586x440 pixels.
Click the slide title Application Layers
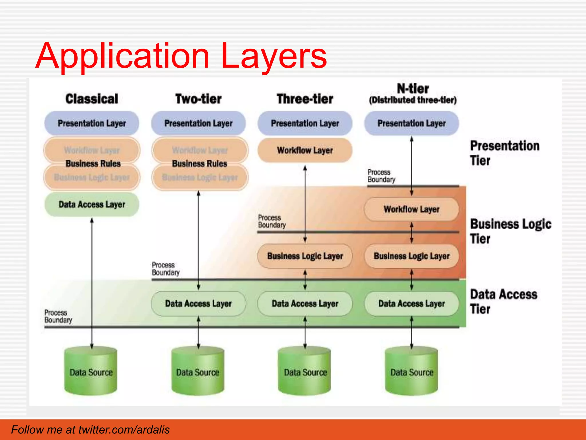(x=181, y=56)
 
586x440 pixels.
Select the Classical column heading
(x=92, y=99)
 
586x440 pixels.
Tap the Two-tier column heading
(x=198, y=99)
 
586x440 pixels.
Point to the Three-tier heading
(x=305, y=99)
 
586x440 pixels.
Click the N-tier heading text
(x=413, y=89)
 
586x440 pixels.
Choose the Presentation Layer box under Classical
(x=92, y=123)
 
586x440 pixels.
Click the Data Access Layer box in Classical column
(x=92, y=204)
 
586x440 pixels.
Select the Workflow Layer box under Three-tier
(x=305, y=150)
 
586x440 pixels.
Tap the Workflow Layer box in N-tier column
(x=411, y=209)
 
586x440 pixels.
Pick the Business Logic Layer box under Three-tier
(x=305, y=256)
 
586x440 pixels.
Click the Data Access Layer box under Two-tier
(x=198, y=303)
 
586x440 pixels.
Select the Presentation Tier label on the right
(x=504, y=153)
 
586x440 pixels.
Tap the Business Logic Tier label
(x=510, y=231)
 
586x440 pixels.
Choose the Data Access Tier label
(x=504, y=301)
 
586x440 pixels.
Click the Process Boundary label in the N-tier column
(x=381, y=176)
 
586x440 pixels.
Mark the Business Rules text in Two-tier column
(x=199, y=164)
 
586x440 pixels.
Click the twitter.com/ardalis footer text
(x=90, y=430)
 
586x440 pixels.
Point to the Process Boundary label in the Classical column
(x=58, y=316)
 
